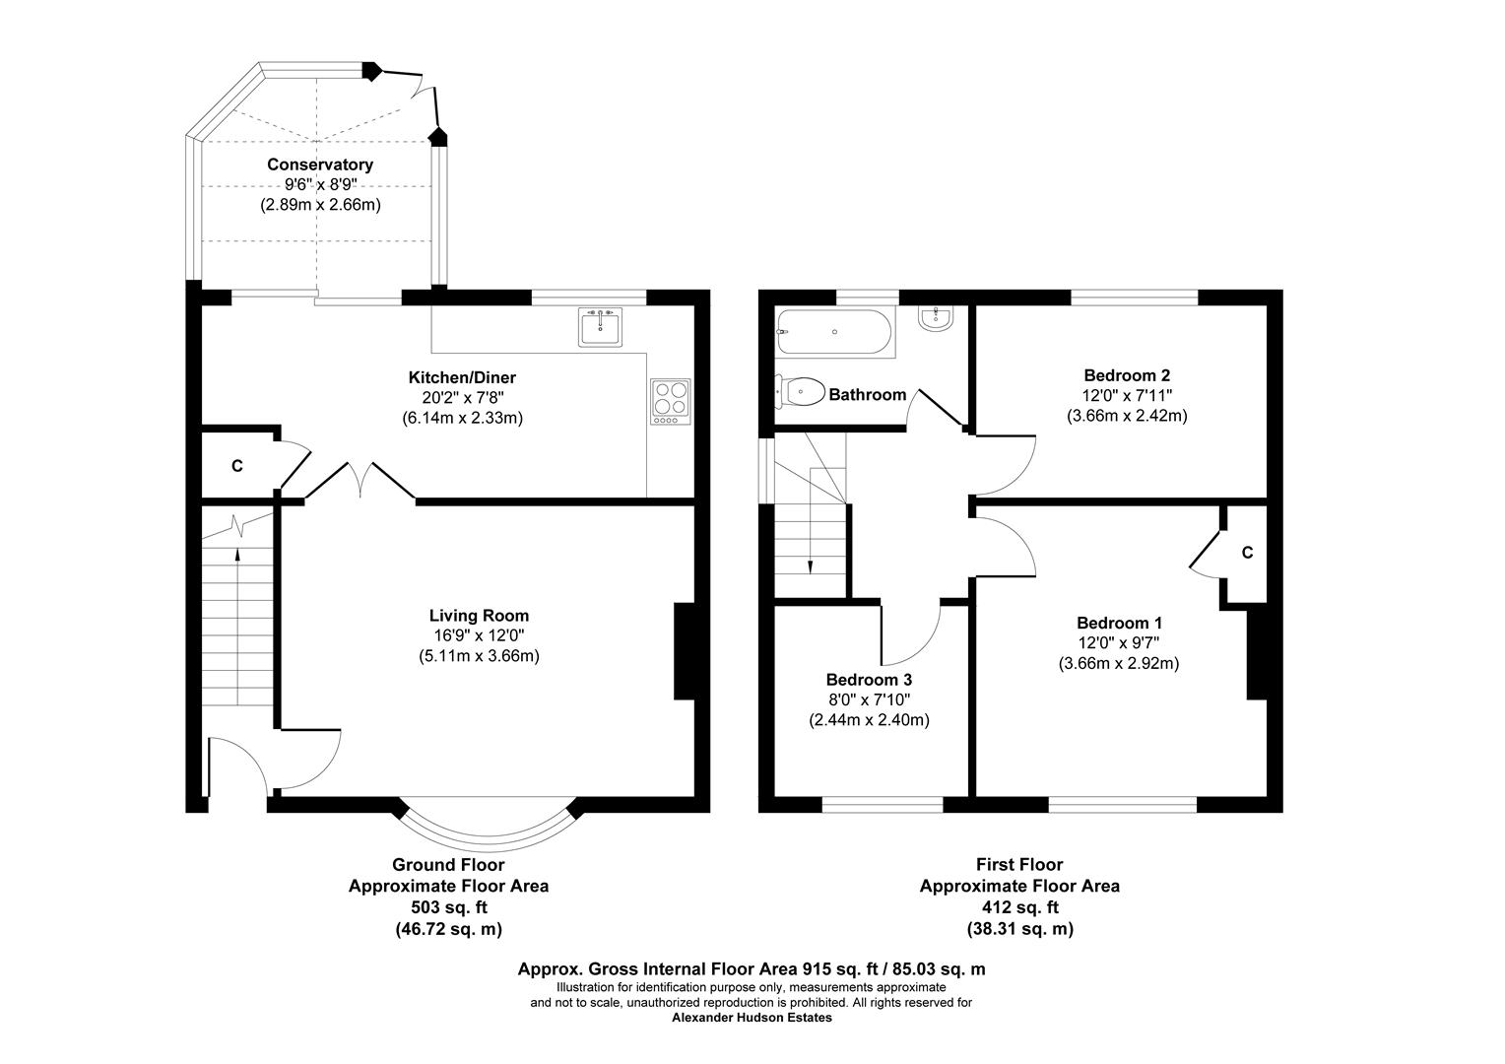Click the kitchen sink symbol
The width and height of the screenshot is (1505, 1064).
[x=600, y=326]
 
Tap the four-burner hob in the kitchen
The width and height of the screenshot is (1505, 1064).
[x=670, y=401]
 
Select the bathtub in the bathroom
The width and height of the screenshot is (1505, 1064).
[x=833, y=332]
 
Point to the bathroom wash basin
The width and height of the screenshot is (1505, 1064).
[x=934, y=317]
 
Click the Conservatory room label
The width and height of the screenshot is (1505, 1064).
[x=320, y=165]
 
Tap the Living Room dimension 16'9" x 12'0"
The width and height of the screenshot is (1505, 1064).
[x=479, y=635]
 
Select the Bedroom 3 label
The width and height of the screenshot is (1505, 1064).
[x=869, y=680]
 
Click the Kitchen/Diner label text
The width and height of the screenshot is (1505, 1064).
[x=462, y=377]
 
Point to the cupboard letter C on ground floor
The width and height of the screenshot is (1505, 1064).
[x=236, y=466]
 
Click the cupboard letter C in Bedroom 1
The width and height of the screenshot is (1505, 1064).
[x=1247, y=553]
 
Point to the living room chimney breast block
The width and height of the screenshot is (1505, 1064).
[x=684, y=651]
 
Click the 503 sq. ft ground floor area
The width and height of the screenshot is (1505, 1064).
[x=448, y=907]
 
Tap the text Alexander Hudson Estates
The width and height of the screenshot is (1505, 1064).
[x=752, y=1018]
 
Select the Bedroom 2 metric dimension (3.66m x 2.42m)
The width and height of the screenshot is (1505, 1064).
[x=1127, y=416]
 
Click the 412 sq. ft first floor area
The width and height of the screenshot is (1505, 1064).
[x=1019, y=907]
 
